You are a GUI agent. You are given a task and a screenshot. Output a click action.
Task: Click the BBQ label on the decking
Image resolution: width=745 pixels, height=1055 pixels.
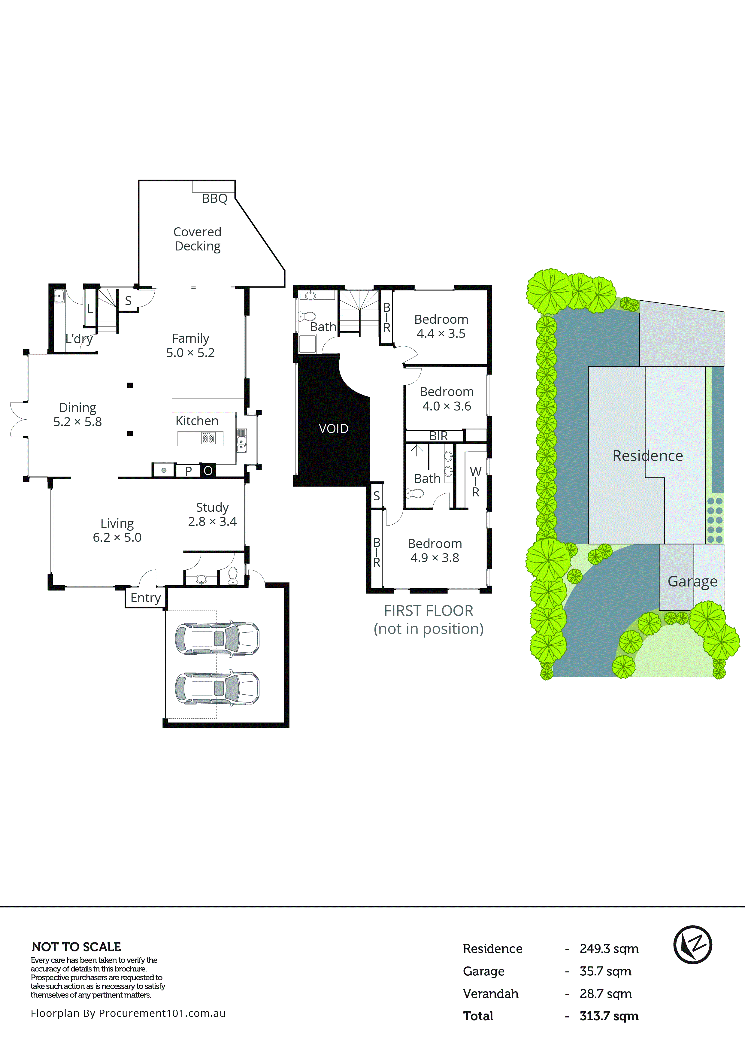[x=214, y=199]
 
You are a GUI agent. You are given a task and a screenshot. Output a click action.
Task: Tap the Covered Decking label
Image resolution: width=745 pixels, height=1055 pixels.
[x=198, y=239]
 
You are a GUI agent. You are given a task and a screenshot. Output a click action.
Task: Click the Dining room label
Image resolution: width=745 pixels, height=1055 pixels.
[x=78, y=408]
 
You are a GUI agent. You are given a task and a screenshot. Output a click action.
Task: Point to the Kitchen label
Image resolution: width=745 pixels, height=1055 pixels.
[x=197, y=421]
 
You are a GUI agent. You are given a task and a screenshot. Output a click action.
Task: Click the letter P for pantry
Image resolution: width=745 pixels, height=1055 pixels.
[x=188, y=471]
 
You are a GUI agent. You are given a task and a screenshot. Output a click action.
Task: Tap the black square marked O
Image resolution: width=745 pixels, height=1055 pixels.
[x=208, y=471]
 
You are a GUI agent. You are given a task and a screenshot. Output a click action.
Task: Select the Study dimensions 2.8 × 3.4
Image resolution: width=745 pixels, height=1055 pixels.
[x=212, y=522]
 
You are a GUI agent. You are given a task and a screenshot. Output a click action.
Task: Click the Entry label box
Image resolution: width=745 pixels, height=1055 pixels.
[x=146, y=598]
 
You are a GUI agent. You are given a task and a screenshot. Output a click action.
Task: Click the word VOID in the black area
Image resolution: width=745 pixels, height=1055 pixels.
[x=333, y=429]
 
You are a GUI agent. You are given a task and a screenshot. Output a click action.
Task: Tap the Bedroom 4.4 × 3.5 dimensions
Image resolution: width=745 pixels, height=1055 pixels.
[x=441, y=334]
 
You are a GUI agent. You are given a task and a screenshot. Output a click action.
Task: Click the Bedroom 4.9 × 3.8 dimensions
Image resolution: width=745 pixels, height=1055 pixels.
[x=435, y=558]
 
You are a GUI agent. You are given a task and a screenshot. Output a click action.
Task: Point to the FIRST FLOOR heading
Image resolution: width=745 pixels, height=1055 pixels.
[x=429, y=611]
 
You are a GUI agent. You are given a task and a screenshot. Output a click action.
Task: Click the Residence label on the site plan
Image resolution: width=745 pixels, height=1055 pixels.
[x=648, y=456]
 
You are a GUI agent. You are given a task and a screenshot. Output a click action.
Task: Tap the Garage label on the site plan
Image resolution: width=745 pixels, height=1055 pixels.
[x=692, y=581]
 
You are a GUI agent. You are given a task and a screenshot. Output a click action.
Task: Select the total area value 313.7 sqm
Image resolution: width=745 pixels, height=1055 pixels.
[x=609, y=1016]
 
